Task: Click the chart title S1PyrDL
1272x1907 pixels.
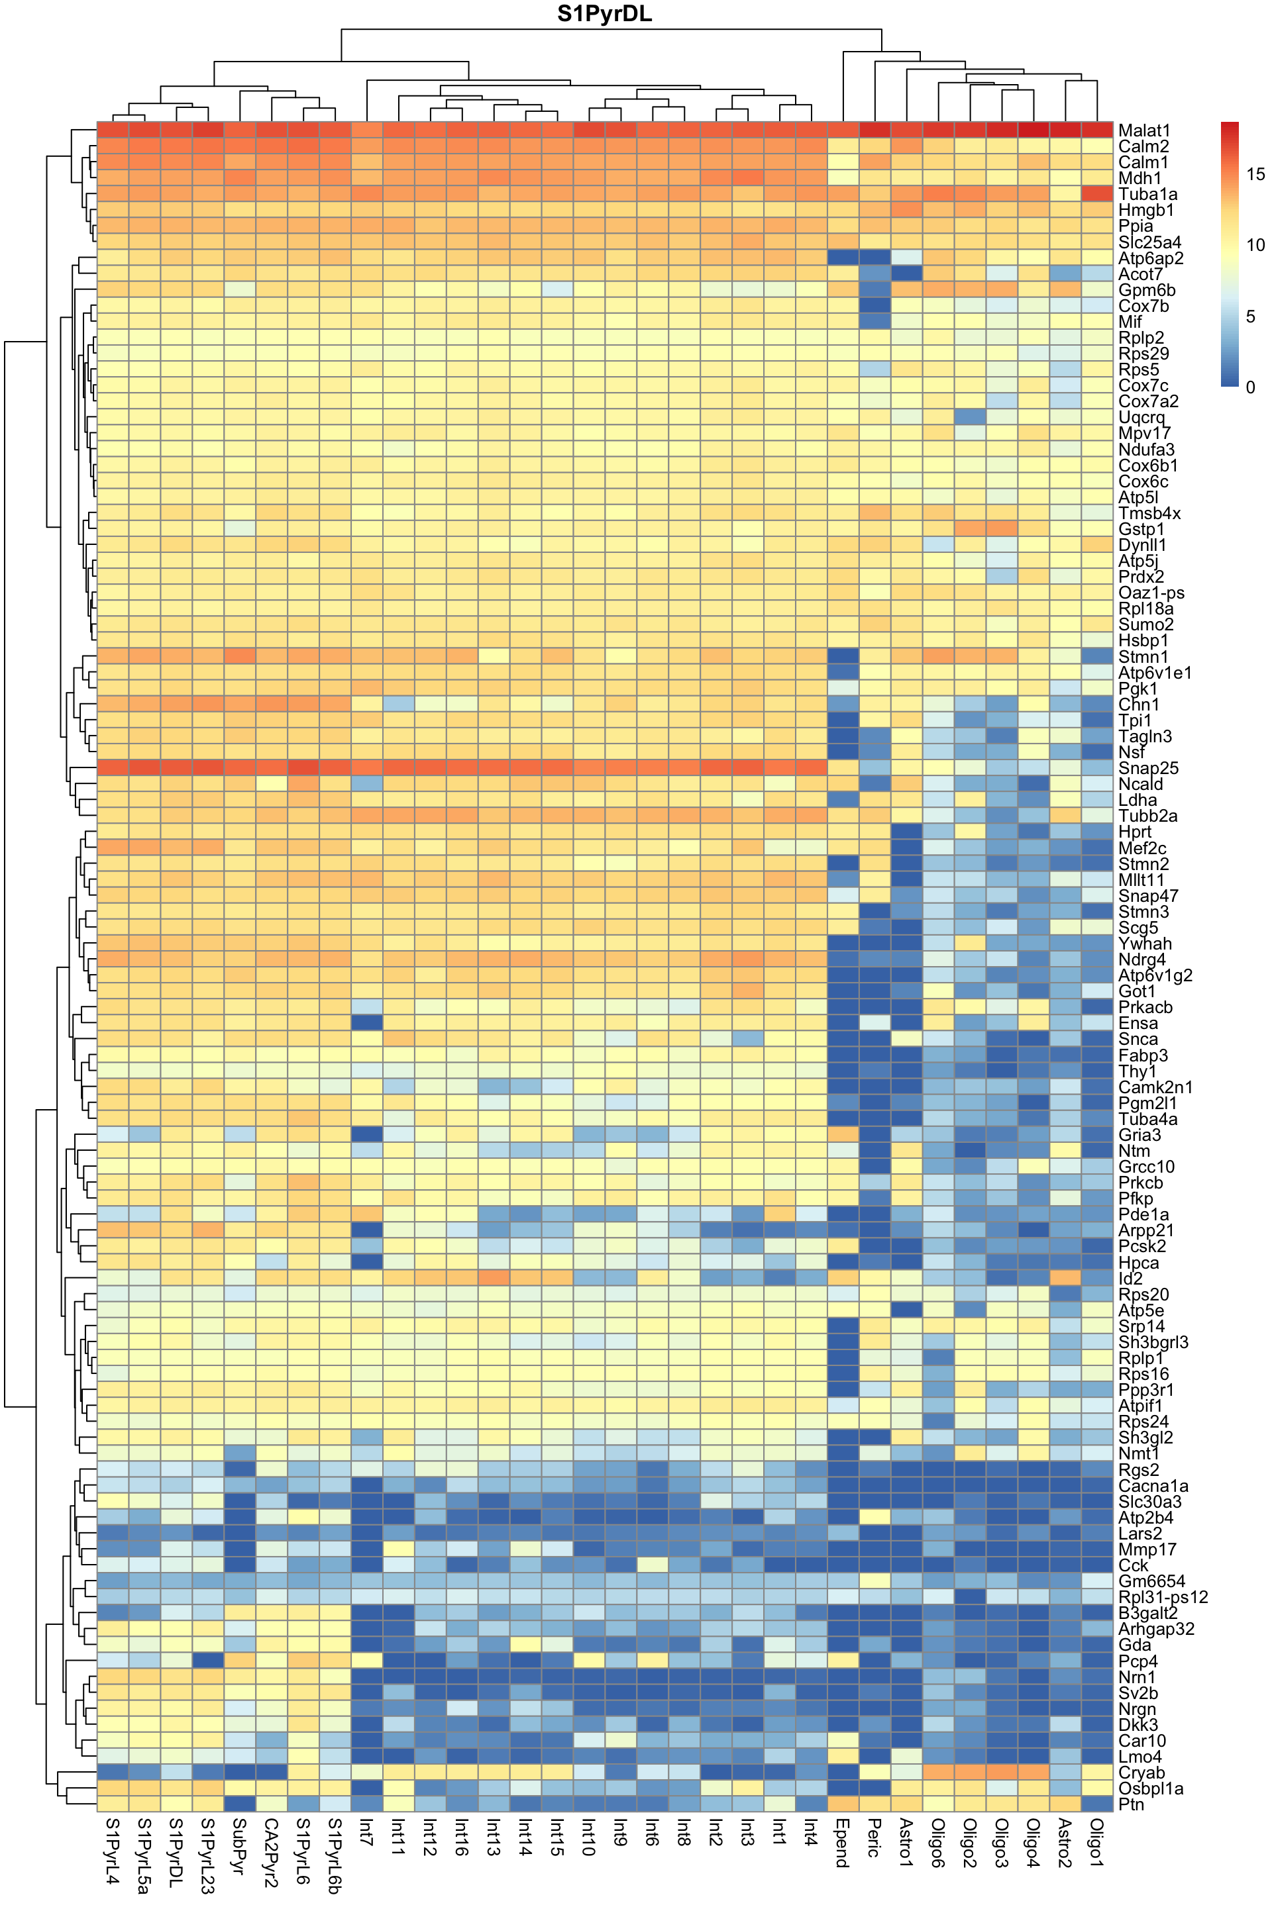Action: (604, 14)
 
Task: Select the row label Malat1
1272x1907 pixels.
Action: (1144, 130)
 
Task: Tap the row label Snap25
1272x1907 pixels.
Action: (1146, 768)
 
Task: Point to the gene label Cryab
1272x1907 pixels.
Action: (1141, 1773)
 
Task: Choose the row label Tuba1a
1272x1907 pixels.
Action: (1147, 195)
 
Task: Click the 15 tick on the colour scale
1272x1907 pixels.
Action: (1254, 173)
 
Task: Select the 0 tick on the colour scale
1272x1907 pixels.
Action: (1250, 387)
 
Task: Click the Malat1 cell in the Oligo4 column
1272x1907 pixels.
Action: (1033, 130)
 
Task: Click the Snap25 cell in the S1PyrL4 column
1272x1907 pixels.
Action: (113, 768)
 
